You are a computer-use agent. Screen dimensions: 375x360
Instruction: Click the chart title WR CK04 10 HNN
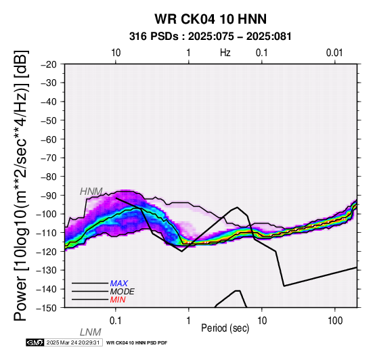(x=211, y=19)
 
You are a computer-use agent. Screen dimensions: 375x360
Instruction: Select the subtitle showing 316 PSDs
(x=211, y=37)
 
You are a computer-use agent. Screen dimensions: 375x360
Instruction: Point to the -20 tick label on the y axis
(x=49, y=64)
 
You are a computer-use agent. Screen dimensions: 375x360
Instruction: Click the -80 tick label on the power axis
(x=49, y=177)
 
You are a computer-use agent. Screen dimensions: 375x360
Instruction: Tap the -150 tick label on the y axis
(x=47, y=308)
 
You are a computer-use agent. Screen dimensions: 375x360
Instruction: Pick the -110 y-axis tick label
(x=47, y=233)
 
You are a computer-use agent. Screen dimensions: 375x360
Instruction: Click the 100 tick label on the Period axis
(x=335, y=321)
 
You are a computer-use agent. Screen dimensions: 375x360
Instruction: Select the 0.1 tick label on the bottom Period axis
(x=116, y=321)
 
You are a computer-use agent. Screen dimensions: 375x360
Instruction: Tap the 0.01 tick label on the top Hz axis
(x=334, y=53)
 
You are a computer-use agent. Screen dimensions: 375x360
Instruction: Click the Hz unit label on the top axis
(x=225, y=53)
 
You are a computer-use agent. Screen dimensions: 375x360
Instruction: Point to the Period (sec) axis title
(x=225, y=328)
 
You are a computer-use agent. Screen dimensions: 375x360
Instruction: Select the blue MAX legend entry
(x=119, y=284)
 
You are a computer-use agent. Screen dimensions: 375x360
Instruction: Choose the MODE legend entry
(x=123, y=292)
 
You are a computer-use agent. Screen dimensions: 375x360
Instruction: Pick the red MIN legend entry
(x=118, y=300)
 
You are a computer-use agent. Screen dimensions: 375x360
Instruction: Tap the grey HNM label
(x=91, y=192)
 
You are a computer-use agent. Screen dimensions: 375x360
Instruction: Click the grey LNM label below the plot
(x=91, y=332)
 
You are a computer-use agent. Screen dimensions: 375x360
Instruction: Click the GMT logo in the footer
(x=35, y=342)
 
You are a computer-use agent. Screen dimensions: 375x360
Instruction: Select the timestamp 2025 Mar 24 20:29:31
(x=73, y=342)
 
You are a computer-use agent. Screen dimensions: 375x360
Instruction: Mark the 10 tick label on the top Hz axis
(x=116, y=53)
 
